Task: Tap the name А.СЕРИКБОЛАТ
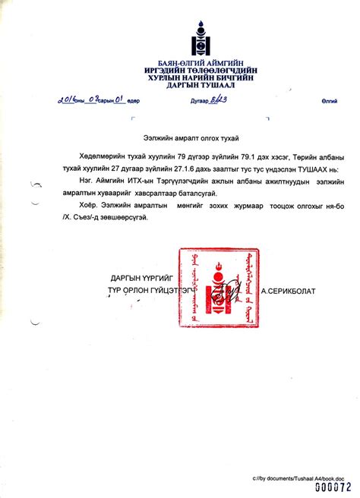[x=289, y=291]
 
